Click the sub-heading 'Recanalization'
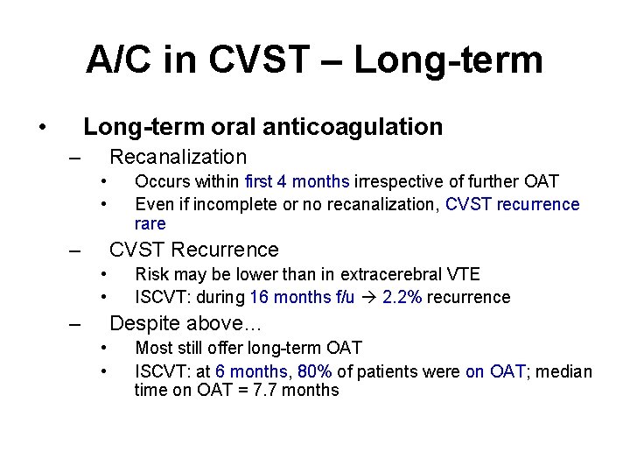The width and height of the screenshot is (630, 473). pos(178,158)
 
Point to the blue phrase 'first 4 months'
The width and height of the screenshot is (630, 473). pos(297,182)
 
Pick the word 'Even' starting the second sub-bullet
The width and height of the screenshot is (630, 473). pos(152,205)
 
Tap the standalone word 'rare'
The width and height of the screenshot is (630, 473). pos(150,224)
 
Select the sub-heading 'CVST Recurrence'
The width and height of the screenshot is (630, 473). pos(193,251)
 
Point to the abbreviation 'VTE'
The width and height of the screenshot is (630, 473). pos(462,275)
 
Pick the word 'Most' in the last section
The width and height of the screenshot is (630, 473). pos(153,349)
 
